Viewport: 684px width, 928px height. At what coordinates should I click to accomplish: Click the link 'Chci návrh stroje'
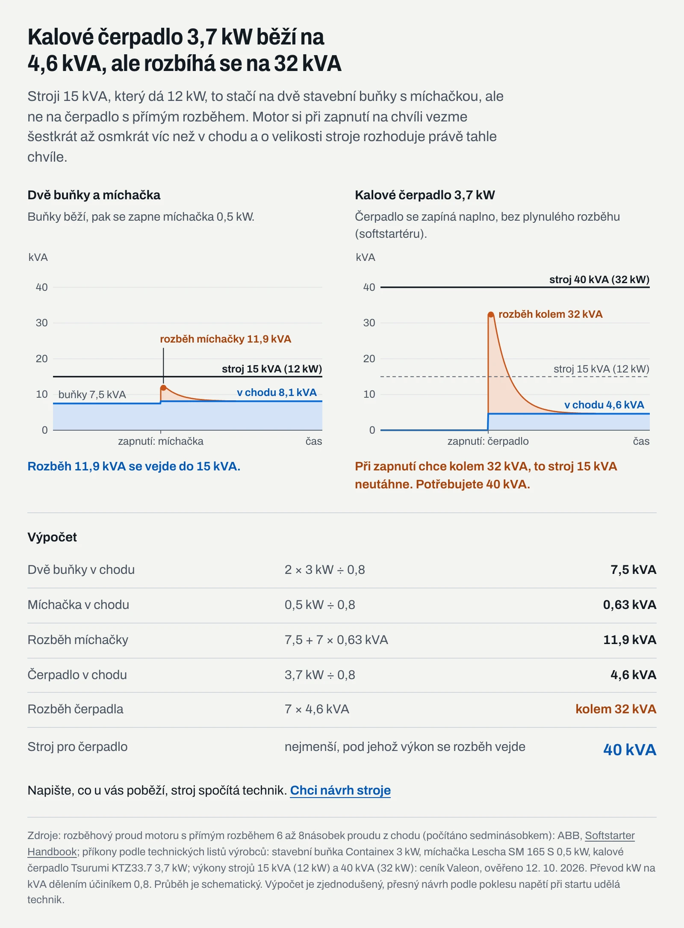pos(340,790)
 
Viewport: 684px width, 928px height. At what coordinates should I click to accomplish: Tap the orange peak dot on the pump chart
pos(491,315)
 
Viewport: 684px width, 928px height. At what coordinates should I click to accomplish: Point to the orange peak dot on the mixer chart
pos(163,388)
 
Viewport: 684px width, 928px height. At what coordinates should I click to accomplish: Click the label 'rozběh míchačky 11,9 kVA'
pos(225,339)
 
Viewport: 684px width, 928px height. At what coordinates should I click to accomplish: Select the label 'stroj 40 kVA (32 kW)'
pos(599,280)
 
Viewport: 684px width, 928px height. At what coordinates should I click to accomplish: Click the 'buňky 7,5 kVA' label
pos(92,394)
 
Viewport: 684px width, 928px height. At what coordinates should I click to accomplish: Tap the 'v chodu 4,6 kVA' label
pos(604,405)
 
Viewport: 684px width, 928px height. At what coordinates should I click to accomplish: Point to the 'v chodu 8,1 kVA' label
pos(277,393)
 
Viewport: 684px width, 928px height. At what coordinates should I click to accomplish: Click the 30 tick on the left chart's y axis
pos(42,323)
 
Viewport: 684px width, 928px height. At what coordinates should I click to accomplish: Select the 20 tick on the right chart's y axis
pos(369,359)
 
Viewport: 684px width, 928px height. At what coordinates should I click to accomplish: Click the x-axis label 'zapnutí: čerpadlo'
pos(488,441)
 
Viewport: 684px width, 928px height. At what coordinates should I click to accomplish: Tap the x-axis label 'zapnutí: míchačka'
pos(161,441)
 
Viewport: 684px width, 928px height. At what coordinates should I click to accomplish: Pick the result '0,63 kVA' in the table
pos(630,605)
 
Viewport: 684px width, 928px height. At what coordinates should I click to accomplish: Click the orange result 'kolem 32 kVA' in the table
pos(616,709)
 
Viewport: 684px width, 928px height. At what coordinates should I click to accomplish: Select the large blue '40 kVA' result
pos(630,750)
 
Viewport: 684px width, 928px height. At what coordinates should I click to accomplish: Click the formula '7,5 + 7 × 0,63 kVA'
pos(336,640)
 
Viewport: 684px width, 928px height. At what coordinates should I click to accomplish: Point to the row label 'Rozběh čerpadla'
pos(75,709)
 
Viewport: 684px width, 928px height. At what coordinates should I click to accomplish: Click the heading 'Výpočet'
pos(52,537)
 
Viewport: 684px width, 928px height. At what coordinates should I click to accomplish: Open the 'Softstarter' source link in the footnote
pos(610,835)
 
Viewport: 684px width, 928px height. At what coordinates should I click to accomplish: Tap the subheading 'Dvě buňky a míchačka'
pos(94,195)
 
